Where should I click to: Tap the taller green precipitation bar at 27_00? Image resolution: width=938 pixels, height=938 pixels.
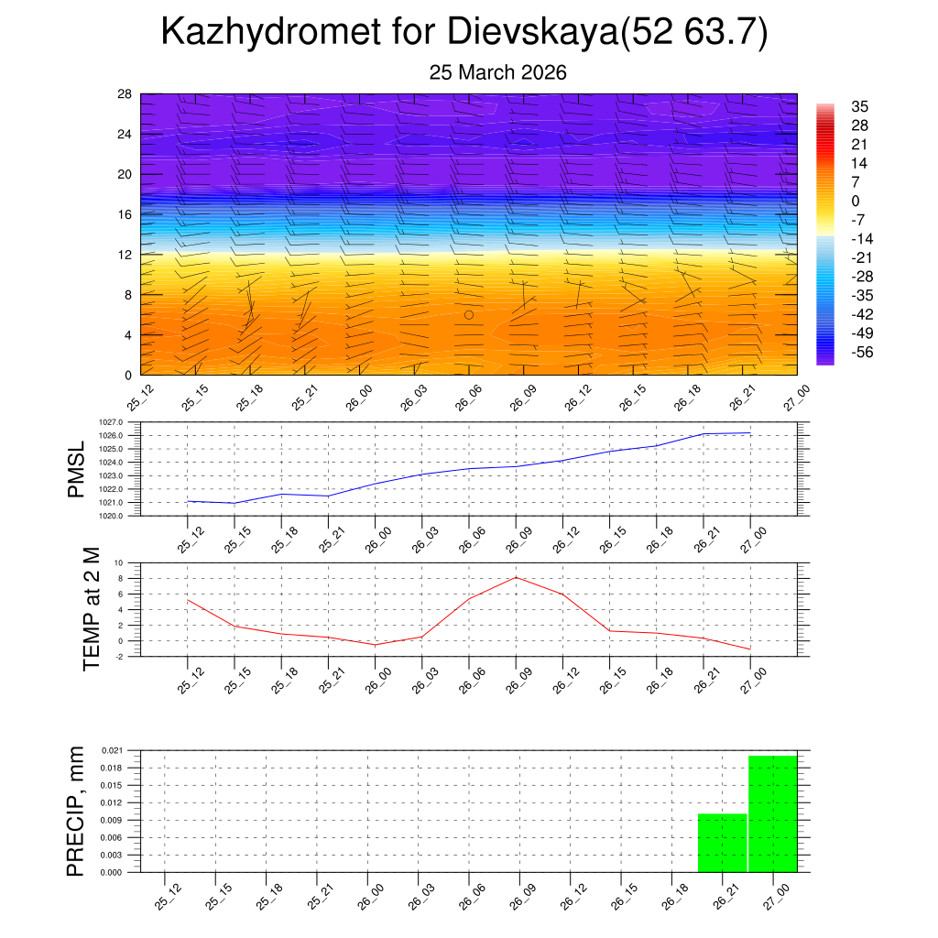click(772, 813)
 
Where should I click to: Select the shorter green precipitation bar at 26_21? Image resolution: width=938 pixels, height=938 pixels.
click(722, 843)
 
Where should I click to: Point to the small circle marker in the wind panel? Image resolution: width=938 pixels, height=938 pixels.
click(469, 314)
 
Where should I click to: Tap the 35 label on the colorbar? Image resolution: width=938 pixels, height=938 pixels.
click(859, 106)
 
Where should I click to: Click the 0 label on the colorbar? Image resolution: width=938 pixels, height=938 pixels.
click(856, 201)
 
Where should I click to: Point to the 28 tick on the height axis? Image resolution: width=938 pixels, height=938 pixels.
click(125, 94)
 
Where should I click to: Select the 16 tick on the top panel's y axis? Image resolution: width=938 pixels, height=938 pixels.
click(125, 214)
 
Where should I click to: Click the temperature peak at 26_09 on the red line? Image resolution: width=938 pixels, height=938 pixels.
click(516, 577)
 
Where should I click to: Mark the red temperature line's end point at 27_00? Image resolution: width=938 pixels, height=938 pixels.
click(750, 649)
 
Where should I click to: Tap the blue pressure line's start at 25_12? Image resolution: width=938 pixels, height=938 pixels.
click(188, 501)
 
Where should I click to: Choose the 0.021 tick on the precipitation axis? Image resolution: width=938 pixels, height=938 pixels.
click(124, 750)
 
